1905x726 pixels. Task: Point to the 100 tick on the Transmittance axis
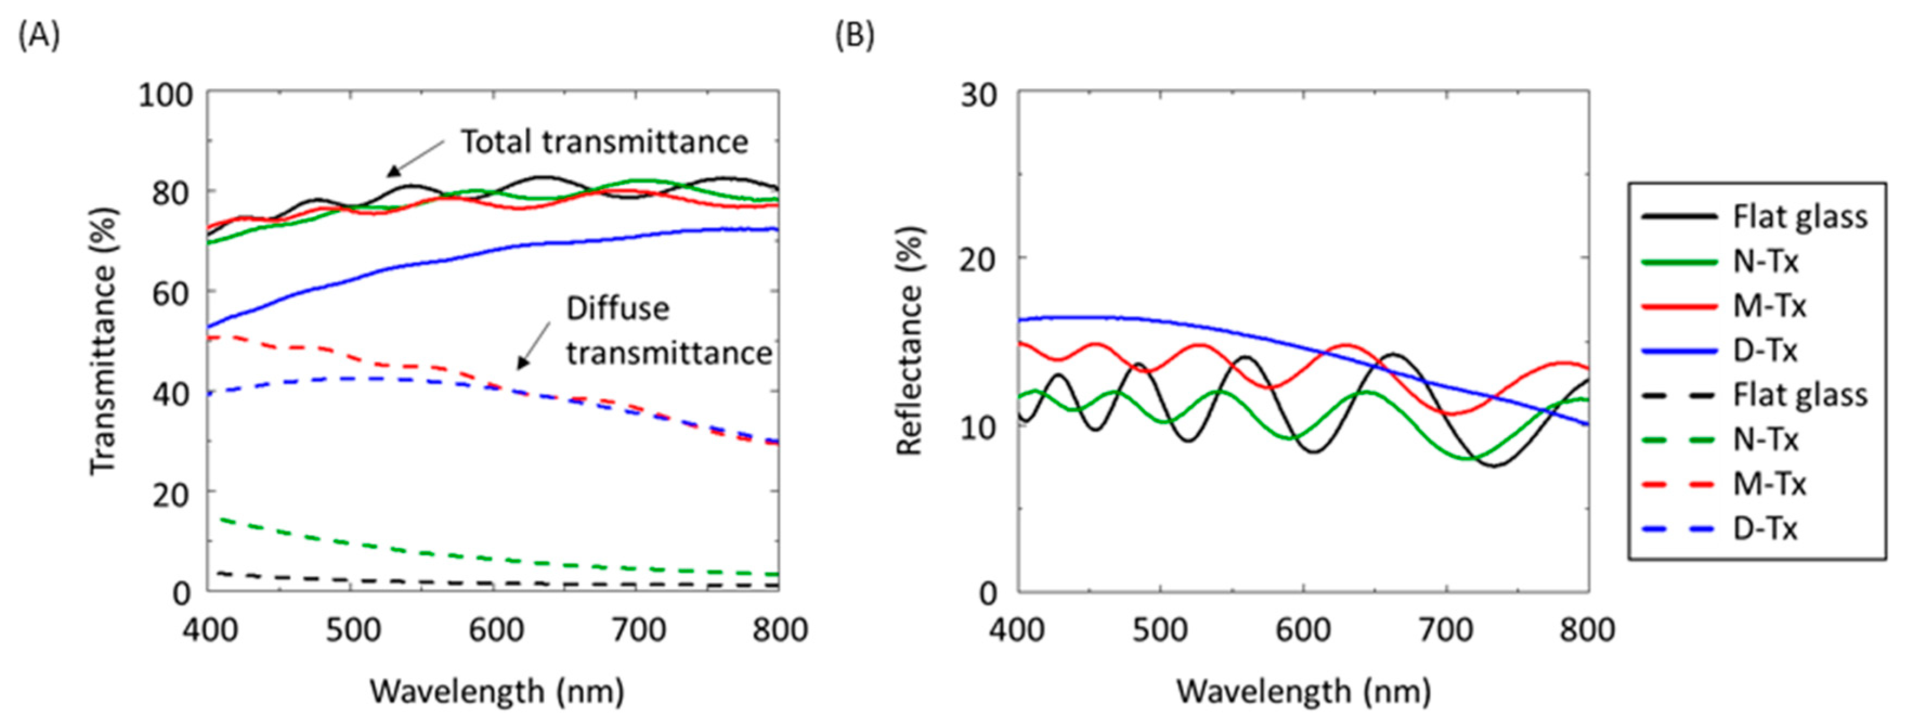166,95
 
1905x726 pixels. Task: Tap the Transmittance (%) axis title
103,340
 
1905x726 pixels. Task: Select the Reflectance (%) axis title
910,340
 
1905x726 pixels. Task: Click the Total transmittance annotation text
604,141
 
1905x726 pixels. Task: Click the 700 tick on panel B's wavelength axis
1446,631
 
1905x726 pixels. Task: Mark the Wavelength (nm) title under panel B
1304,692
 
